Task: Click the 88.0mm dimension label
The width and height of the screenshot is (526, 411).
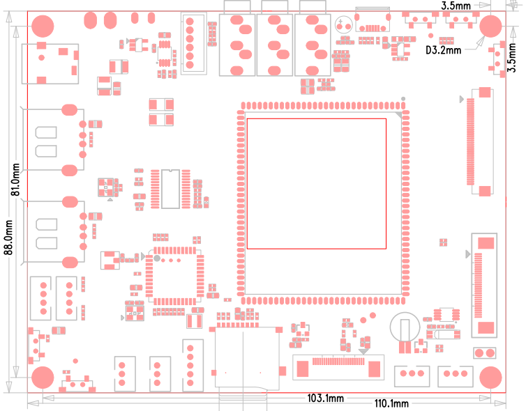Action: click(x=9, y=238)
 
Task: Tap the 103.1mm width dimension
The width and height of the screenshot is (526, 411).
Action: click(x=326, y=398)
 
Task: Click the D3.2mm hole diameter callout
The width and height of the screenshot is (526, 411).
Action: click(x=444, y=49)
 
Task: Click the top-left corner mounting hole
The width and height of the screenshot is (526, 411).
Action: click(x=43, y=26)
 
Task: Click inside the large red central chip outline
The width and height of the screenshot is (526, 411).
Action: click(x=316, y=183)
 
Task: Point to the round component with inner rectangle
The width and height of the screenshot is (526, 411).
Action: click(x=403, y=327)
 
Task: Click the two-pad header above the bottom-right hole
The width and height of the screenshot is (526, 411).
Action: click(x=484, y=353)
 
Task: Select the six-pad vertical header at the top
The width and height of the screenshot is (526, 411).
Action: click(x=190, y=43)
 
